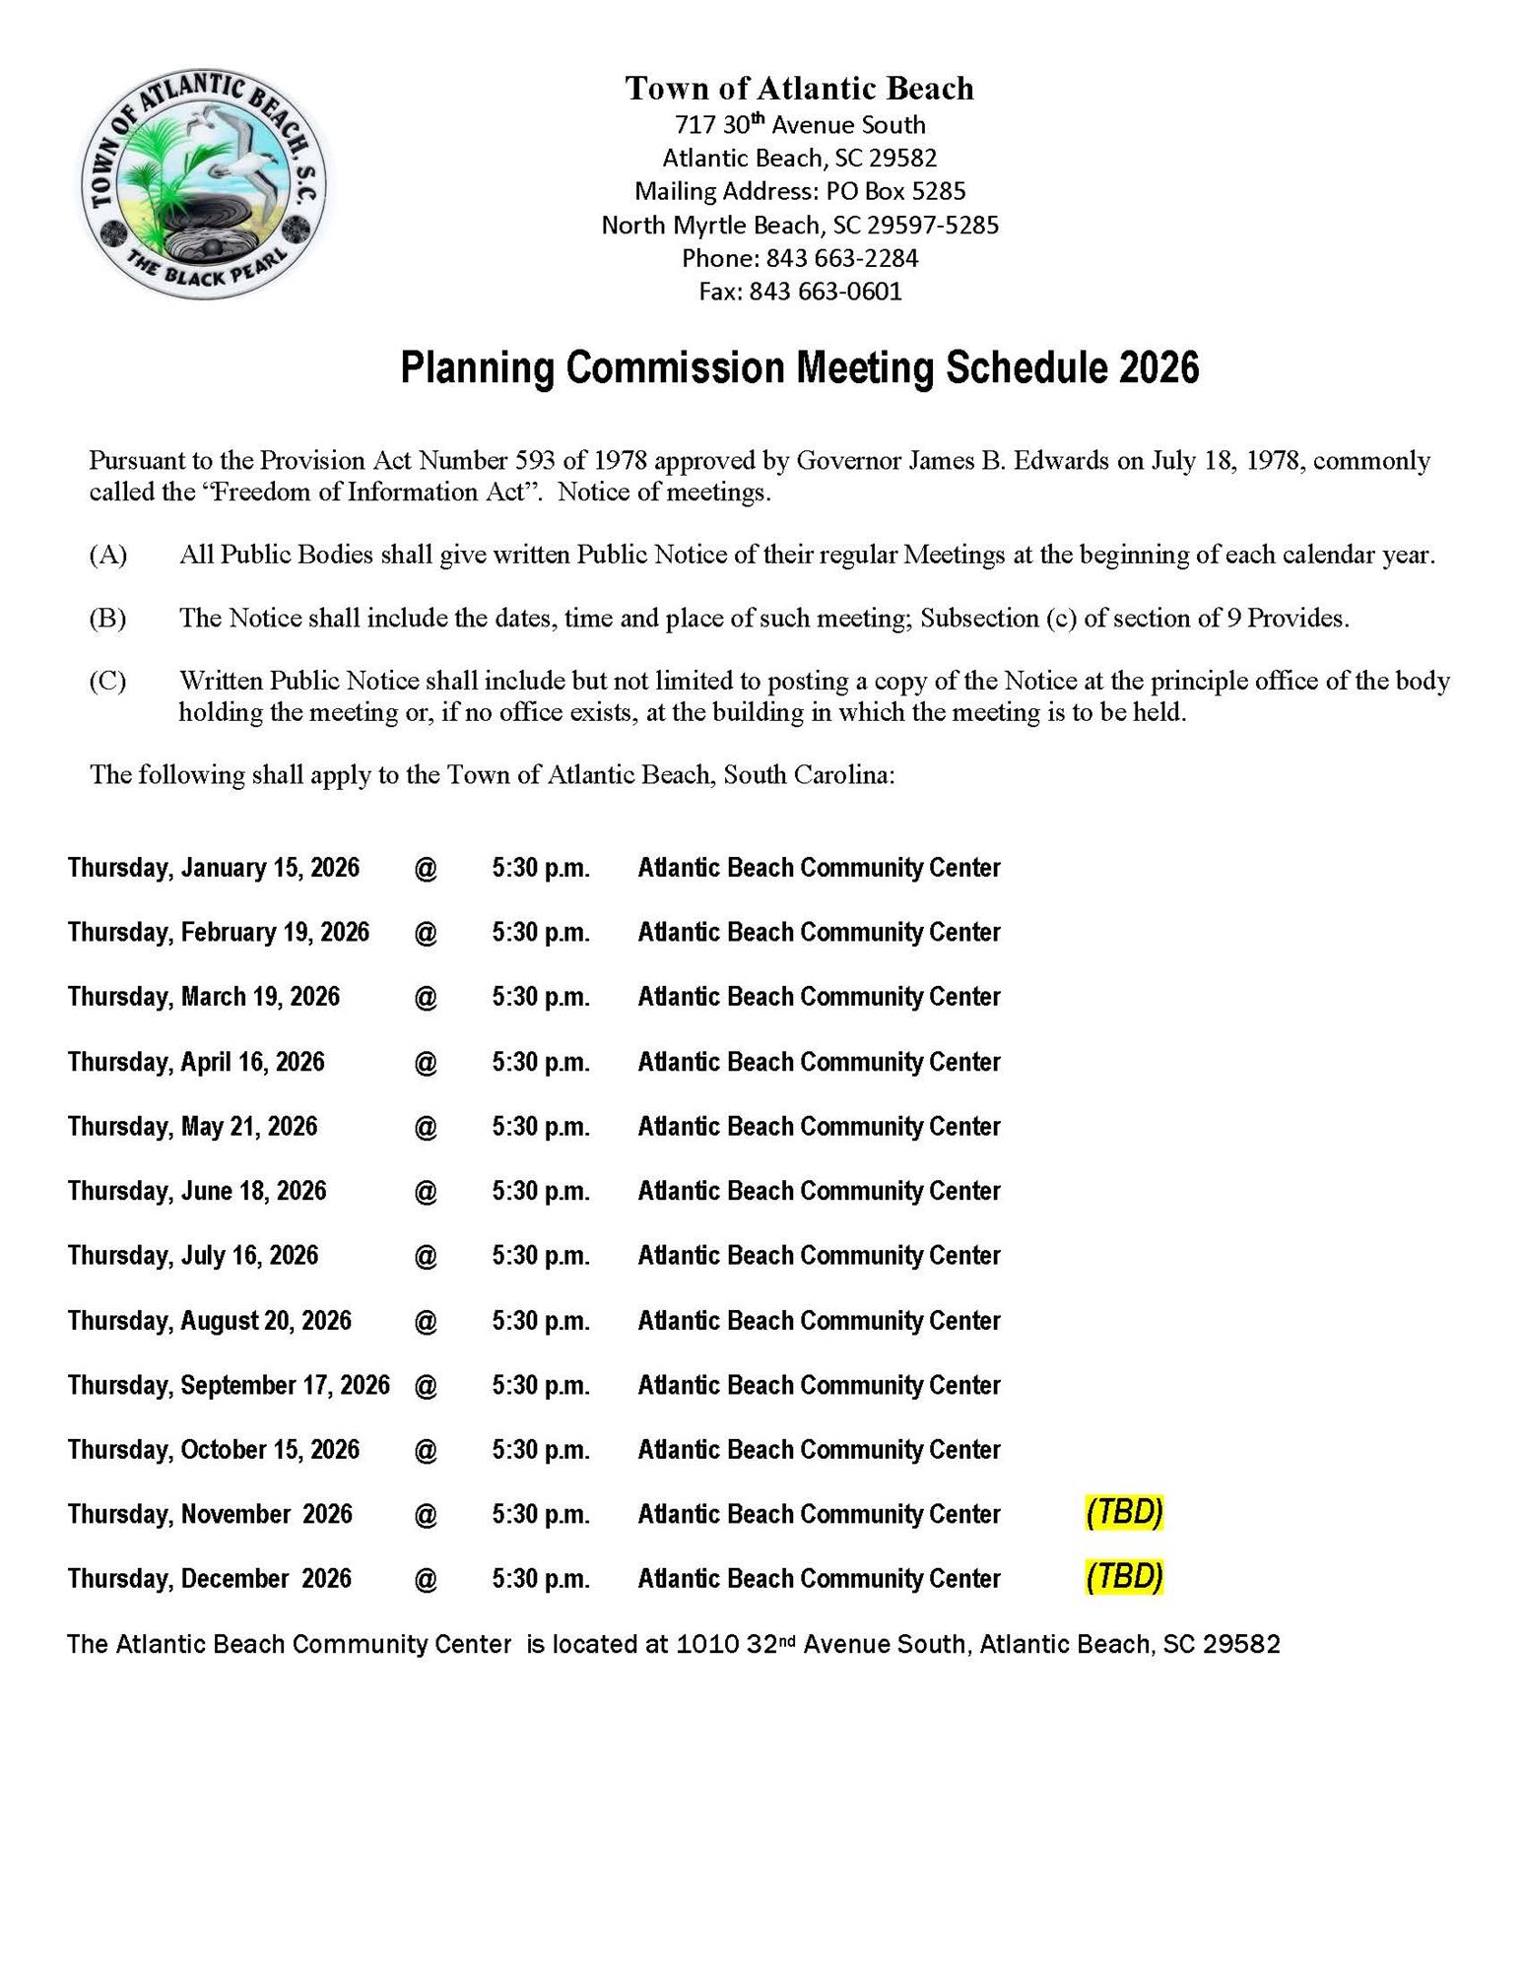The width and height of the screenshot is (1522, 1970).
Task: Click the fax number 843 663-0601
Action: coord(825,292)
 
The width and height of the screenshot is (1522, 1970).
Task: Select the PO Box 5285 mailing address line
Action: coord(799,191)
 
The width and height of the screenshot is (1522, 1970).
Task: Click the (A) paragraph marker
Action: coord(108,555)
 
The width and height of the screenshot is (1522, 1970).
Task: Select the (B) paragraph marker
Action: coord(108,619)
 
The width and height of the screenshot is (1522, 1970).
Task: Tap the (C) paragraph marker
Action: coord(108,681)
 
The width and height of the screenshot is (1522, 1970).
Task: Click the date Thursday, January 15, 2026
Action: coord(214,868)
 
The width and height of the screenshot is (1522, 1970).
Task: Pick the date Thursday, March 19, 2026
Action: coord(204,997)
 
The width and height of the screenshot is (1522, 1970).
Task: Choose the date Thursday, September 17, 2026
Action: coord(229,1386)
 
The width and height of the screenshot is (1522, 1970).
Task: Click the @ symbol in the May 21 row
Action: coord(426,1127)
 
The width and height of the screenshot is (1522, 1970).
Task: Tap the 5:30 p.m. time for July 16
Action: coord(541,1256)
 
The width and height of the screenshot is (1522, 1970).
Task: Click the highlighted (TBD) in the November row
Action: coord(1124,1513)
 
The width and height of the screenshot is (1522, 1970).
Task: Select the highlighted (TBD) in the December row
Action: coord(1124,1577)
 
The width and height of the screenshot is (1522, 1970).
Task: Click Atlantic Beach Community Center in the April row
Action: coord(819,1062)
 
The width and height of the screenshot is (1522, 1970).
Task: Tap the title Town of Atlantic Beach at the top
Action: coord(799,89)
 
